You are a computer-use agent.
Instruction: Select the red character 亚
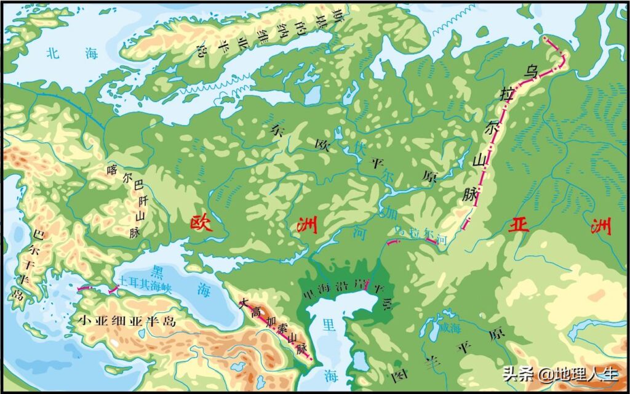click(x=518, y=226)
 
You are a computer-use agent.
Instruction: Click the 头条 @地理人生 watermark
click(x=559, y=373)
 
